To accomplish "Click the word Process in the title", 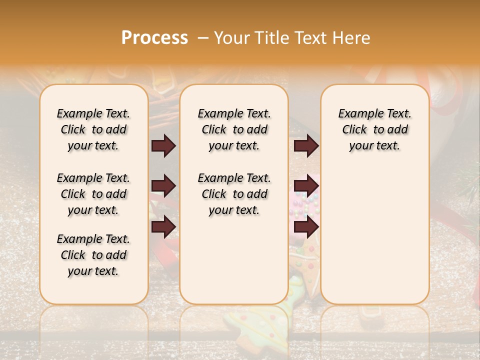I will (154, 38).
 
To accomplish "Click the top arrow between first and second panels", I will (163, 146).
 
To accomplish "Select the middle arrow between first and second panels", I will (163, 186).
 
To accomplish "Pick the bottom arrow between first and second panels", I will (163, 227).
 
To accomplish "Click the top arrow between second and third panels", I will (306, 146).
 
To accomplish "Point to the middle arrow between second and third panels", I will (306, 186).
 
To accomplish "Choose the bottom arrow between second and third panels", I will (306, 227).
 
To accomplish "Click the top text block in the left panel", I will (93, 129).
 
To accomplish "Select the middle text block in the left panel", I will (93, 194).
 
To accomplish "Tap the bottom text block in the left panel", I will (93, 255).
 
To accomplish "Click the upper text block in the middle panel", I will (234, 129).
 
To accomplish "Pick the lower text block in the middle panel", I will (234, 194).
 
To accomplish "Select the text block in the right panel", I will (375, 129).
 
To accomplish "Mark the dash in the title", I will (202, 38).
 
